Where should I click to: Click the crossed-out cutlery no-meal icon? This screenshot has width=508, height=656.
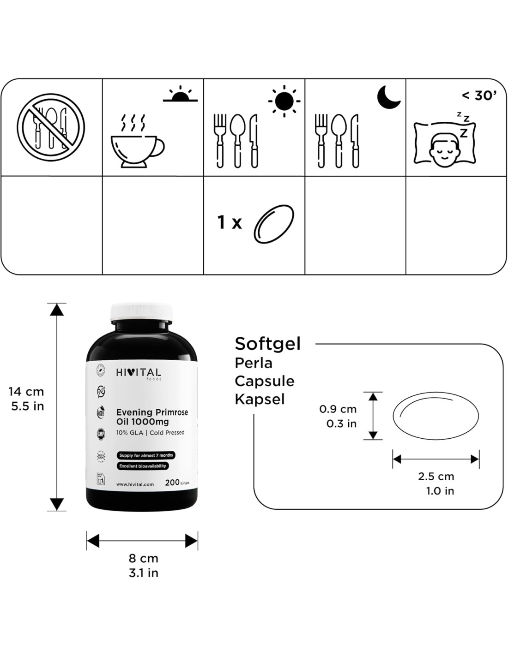[51, 127]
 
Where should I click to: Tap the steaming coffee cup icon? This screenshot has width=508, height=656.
[137, 143]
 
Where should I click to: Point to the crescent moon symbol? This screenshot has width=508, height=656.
[388, 97]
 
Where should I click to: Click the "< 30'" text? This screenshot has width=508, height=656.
[480, 95]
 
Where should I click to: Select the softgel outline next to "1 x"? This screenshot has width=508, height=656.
[274, 225]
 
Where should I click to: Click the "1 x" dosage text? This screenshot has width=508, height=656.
[230, 223]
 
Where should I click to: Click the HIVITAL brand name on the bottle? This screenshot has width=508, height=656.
[138, 372]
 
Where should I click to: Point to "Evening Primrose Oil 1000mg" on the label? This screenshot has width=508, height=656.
[152, 417]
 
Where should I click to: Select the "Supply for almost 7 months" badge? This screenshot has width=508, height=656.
[146, 455]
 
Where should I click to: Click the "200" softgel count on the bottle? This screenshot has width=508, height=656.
[172, 483]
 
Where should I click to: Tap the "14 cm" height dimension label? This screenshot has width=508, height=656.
[26, 392]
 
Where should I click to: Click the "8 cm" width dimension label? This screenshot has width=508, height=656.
[144, 558]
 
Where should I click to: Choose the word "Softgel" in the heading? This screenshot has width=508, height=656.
[267, 344]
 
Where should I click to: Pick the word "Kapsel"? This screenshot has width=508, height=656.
[260, 399]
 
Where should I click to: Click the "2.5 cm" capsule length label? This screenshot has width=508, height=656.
[436, 476]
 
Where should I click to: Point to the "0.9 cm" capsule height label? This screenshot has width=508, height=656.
[338, 409]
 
